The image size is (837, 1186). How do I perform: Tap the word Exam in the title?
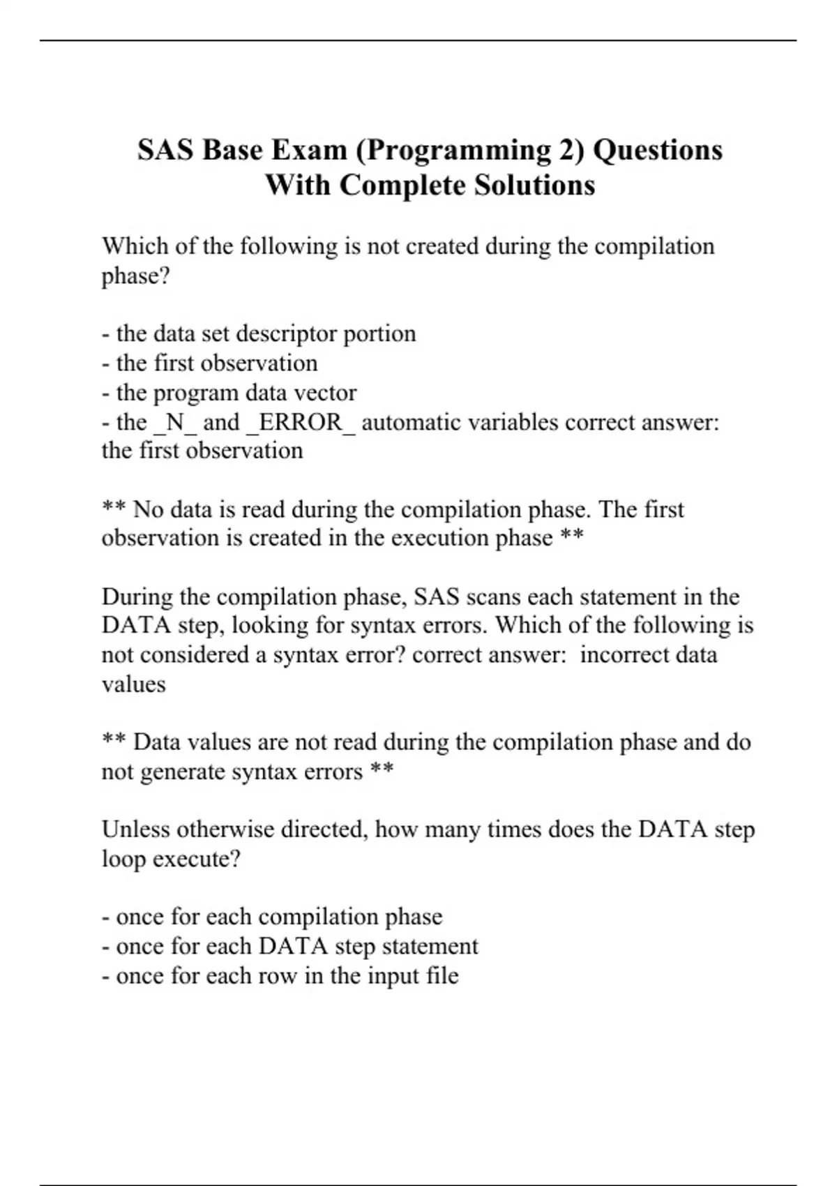[308, 151]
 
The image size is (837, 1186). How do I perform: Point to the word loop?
[123, 858]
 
